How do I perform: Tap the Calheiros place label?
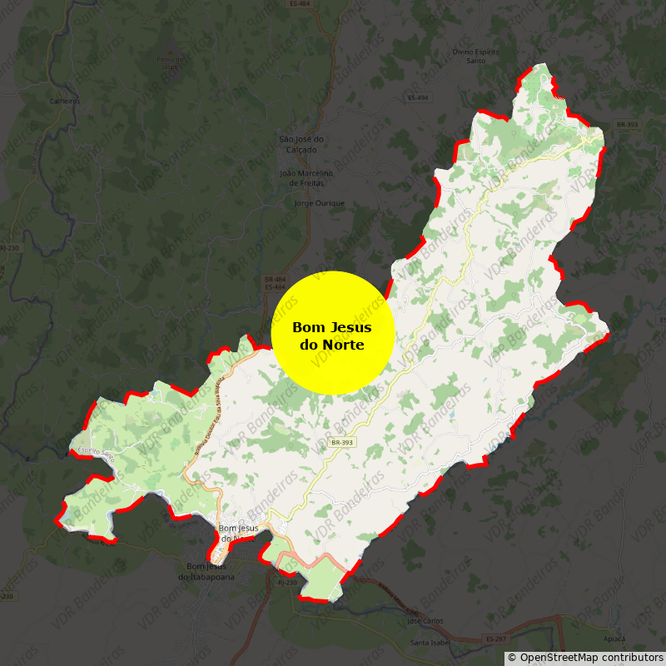tap(64, 102)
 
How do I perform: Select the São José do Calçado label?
tap(301, 144)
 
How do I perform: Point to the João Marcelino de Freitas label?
tap(306, 177)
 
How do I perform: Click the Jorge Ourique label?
tap(320, 203)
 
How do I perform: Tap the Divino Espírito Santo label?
tap(476, 56)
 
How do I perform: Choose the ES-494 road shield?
tap(418, 98)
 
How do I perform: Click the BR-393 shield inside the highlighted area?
tap(342, 442)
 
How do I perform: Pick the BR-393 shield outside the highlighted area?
tap(627, 125)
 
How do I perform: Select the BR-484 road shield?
tap(275, 279)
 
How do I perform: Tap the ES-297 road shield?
tap(495, 639)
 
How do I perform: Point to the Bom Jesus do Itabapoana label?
tap(206, 572)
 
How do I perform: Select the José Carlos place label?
tap(425, 621)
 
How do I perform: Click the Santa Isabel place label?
tap(430, 643)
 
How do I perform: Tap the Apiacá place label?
tap(614, 639)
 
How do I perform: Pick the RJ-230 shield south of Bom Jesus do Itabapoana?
tap(286, 583)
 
